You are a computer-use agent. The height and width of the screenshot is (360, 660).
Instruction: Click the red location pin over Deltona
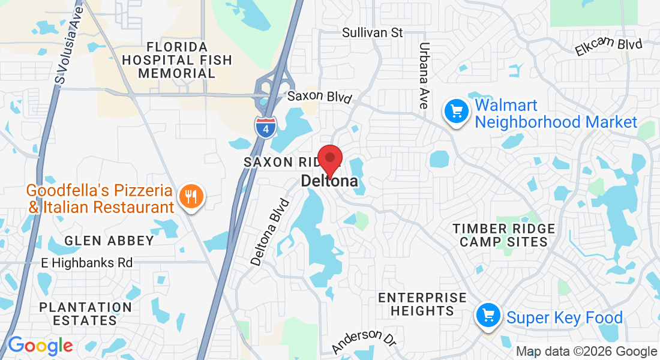tap(329, 160)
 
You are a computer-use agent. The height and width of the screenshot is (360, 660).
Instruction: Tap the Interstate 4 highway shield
tap(265, 128)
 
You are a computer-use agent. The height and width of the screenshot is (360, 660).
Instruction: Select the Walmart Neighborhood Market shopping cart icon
tap(456, 112)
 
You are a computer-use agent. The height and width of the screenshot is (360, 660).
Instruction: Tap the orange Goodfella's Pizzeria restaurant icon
tap(191, 197)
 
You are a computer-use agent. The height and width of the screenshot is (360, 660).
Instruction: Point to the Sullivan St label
tap(372, 33)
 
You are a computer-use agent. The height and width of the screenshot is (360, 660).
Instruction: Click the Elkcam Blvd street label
tap(608, 47)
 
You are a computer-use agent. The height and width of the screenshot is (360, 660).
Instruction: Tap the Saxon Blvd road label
tap(319, 97)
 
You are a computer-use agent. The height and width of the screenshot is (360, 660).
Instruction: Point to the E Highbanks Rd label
tap(87, 263)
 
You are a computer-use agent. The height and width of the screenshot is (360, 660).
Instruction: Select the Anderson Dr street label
tap(364, 341)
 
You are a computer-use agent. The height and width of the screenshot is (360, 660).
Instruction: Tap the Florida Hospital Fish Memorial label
tap(177, 60)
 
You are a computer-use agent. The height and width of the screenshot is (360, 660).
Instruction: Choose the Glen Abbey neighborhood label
tap(109, 241)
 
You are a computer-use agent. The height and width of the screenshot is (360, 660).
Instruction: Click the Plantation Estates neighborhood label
tap(85, 313)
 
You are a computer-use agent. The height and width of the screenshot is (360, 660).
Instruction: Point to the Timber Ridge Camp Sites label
tap(500, 235)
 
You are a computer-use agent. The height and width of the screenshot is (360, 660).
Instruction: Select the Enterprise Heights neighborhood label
tap(422, 304)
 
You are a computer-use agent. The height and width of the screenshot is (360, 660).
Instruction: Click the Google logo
tap(40, 346)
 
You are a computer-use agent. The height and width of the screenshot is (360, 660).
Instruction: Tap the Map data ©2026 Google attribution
tap(586, 352)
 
